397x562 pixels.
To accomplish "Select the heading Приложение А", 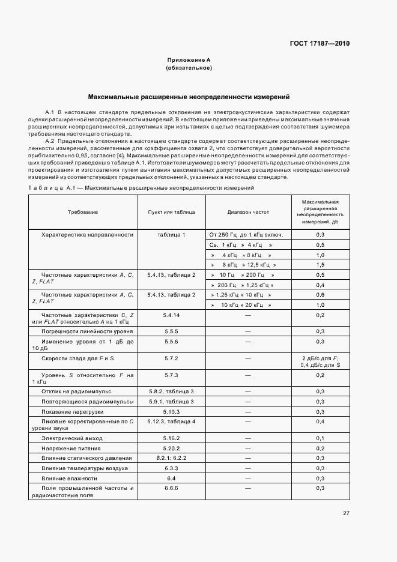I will [x=189, y=61].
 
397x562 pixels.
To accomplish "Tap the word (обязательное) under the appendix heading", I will [x=189, y=68].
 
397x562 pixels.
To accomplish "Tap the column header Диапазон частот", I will [x=248, y=212].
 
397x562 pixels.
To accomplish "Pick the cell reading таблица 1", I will [x=171, y=235].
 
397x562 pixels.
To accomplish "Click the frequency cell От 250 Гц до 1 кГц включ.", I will [x=246, y=235].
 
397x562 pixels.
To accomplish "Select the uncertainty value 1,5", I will [x=320, y=265].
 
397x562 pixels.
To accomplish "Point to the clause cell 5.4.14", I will [x=171, y=315].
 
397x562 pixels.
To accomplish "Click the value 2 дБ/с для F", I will [x=320, y=358].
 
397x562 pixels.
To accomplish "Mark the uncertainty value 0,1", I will [x=320, y=439].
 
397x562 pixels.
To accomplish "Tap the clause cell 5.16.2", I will [x=171, y=439].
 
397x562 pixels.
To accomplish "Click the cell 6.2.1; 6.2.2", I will [x=171, y=458].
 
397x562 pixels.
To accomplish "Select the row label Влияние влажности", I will [x=69, y=479].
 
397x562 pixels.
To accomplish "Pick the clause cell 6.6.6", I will [x=171, y=489].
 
